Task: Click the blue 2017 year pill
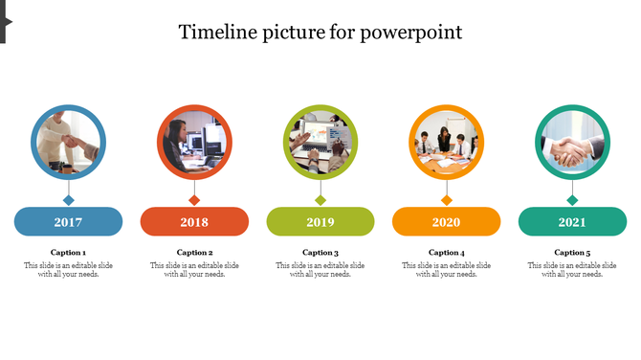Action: click(x=68, y=222)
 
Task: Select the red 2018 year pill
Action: click(x=194, y=222)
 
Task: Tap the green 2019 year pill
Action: click(x=320, y=222)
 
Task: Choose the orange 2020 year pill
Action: click(x=446, y=222)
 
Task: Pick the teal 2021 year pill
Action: click(x=572, y=222)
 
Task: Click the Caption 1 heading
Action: click(x=68, y=253)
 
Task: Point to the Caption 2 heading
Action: click(x=194, y=253)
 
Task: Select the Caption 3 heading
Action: click(x=320, y=253)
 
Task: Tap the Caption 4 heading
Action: click(x=446, y=253)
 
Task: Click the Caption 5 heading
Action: click(x=572, y=253)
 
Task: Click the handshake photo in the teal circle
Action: click(x=572, y=143)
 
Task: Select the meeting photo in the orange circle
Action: click(x=446, y=143)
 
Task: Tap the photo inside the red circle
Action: click(x=194, y=143)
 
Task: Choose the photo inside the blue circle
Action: click(x=68, y=143)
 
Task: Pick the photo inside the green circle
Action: click(x=320, y=143)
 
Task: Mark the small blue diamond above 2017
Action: click(x=68, y=200)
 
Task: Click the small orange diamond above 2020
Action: click(x=446, y=200)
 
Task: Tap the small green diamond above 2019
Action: click(x=320, y=200)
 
